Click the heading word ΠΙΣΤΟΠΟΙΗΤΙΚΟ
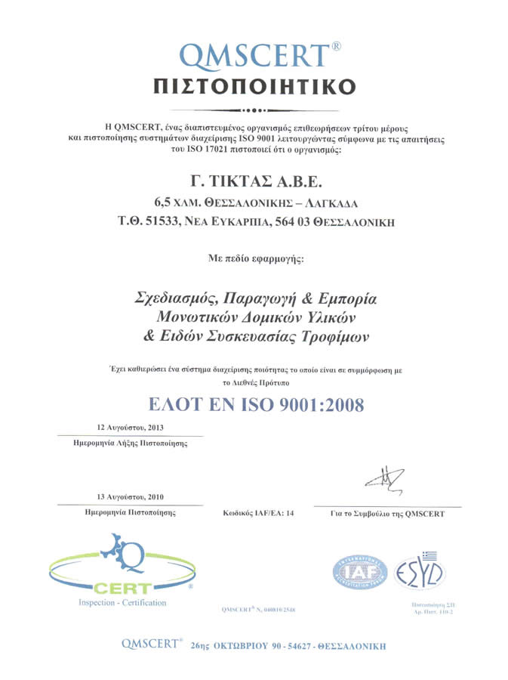tap(254, 85)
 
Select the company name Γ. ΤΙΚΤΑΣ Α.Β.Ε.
tap(254, 181)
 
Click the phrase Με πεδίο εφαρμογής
tap(254, 258)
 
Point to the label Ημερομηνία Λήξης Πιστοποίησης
tap(125, 444)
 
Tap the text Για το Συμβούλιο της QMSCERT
tap(387, 513)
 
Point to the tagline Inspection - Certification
tap(122, 603)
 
